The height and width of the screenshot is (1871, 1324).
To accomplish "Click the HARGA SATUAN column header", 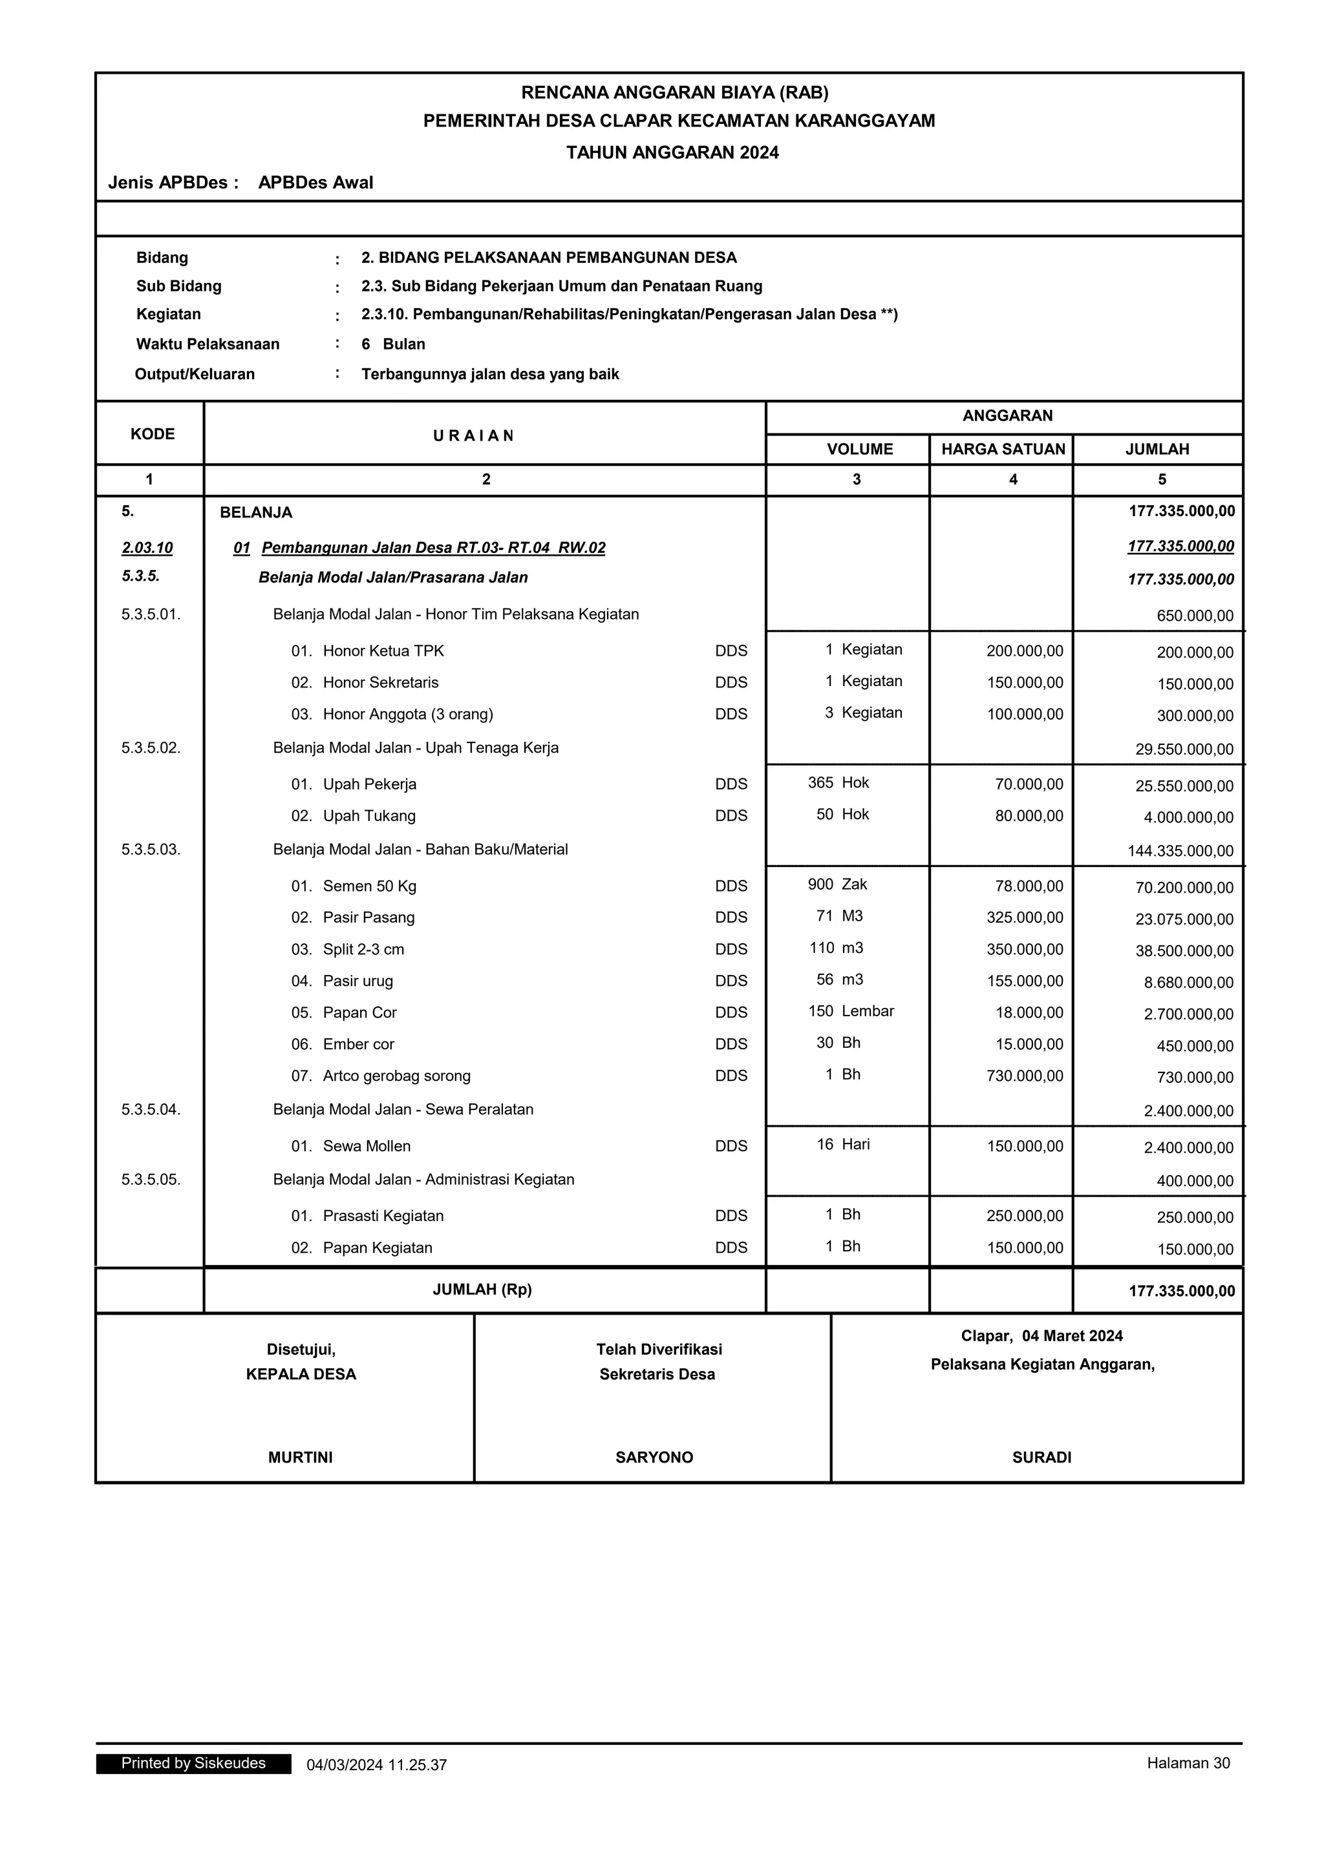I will [1003, 449].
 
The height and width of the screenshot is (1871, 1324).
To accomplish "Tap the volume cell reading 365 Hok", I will [838, 782].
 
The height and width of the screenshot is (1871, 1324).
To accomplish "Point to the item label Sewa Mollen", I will [366, 1145].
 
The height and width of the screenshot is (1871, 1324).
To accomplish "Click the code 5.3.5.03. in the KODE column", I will [151, 849].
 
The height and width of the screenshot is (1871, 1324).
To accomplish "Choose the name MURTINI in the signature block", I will [300, 1457].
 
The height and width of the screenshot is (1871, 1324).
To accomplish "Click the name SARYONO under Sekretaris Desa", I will [654, 1457].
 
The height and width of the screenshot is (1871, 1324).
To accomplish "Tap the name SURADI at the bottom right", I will [1041, 1457].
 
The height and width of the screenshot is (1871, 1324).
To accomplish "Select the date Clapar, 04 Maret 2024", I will [1041, 1335].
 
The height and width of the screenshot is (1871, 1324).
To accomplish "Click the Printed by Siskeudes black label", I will [193, 1764].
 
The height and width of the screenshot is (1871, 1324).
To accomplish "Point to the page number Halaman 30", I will [1188, 1764].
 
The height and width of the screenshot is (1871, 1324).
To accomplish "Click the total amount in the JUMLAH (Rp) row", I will [1181, 1291].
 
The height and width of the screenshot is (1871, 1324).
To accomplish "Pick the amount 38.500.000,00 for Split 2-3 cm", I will [1184, 951].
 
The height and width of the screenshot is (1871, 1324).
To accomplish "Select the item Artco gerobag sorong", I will [396, 1076].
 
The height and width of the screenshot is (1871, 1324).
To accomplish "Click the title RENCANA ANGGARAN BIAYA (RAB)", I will [674, 92].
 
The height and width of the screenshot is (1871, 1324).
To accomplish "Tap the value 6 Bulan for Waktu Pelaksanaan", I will [393, 344].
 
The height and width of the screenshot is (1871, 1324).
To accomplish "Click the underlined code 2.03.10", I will [147, 548].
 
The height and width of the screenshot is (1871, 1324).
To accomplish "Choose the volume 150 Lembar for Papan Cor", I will [850, 1011].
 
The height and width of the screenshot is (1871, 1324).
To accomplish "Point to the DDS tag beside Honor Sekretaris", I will [731, 682].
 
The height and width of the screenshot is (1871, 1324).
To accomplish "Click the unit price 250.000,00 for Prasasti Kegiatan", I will [1025, 1216].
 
